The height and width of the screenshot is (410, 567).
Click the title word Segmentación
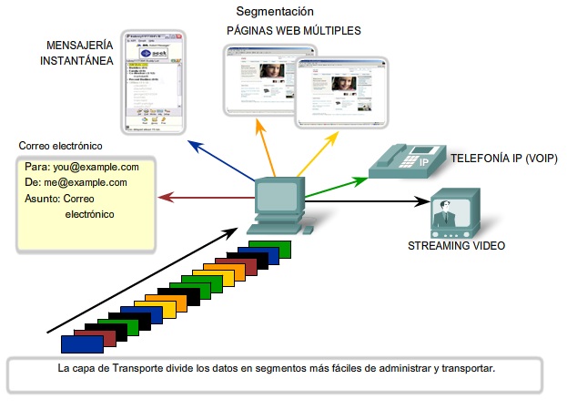pyautogui.click(x=275, y=12)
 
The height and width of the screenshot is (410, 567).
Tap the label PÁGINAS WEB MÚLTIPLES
pyautogui.click(x=293, y=31)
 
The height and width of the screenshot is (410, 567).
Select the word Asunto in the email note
pyautogui.click(x=42, y=198)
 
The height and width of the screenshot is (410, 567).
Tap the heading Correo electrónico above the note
pyautogui.click(x=60, y=146)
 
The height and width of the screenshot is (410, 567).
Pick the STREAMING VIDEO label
pyautogui.click(x=456, y=246)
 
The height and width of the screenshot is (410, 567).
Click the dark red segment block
pyautogui.click(x=97, y=337)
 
